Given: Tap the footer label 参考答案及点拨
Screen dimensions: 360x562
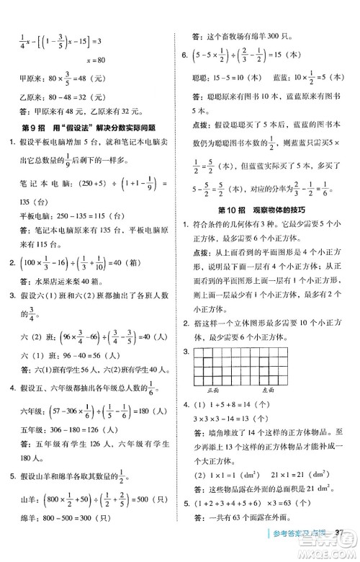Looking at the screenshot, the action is [301, 552].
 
